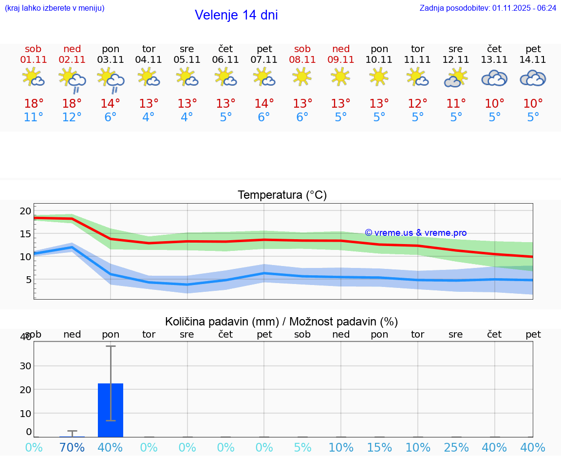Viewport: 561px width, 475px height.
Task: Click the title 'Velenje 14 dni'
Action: coord(236,15)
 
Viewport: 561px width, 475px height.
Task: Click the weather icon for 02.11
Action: coord(72,79)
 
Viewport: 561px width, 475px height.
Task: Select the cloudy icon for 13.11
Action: coord(494,78)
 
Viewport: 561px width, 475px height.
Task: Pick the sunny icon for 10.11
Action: coord(379,76)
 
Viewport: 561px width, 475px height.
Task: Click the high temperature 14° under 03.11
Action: coord(111,104)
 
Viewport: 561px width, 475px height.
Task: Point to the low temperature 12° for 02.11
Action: coord(72,117)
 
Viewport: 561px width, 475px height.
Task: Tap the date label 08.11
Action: coord(302,60)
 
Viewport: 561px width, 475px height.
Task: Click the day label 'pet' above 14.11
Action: coord(533,49)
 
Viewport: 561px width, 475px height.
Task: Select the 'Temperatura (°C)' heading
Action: coord(282,195)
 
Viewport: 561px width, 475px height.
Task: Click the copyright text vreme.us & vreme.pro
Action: coord(416,233)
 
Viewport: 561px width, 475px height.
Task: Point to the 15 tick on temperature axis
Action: coord(25,234)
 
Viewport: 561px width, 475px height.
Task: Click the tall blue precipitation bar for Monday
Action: coord(111,410)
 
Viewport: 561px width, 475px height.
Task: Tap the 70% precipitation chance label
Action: coord(72,447)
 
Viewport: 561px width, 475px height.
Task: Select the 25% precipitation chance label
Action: coord(456,447)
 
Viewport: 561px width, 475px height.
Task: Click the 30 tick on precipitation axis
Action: coord(25,366)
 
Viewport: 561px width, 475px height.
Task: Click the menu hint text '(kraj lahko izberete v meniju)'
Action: coord(54,8)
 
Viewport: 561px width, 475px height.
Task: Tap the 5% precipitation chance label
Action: coord(302,447)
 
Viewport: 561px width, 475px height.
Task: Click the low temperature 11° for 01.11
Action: coord(33,117)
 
